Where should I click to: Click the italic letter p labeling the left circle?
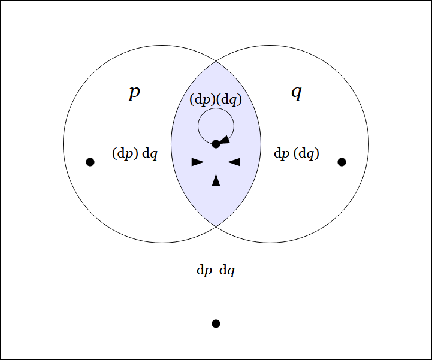[x=134, y=93]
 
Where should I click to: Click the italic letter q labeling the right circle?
[x=296, y=93]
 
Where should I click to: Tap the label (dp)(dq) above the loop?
[x=216, y=100]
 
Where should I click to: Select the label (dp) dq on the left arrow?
[x=135, y=153]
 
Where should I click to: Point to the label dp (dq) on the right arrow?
[x=297, y=153]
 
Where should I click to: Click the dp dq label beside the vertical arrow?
[x=216, y=270]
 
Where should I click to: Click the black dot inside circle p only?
[x=90, y=162]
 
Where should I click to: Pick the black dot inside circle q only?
[x=342, y=162]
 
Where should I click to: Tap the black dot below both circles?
[x=216, y=323]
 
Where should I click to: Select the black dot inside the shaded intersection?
[x=216, y=144]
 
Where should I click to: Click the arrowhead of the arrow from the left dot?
[x=198, y=162]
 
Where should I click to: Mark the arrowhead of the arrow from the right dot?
[x=234, y=162]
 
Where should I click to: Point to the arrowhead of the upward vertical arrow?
[x=216, y=180]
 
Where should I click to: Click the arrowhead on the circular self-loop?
[x=224, y=140]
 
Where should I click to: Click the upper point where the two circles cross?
[x=216, y=62]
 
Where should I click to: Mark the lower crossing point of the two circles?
[x=216, y=225]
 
